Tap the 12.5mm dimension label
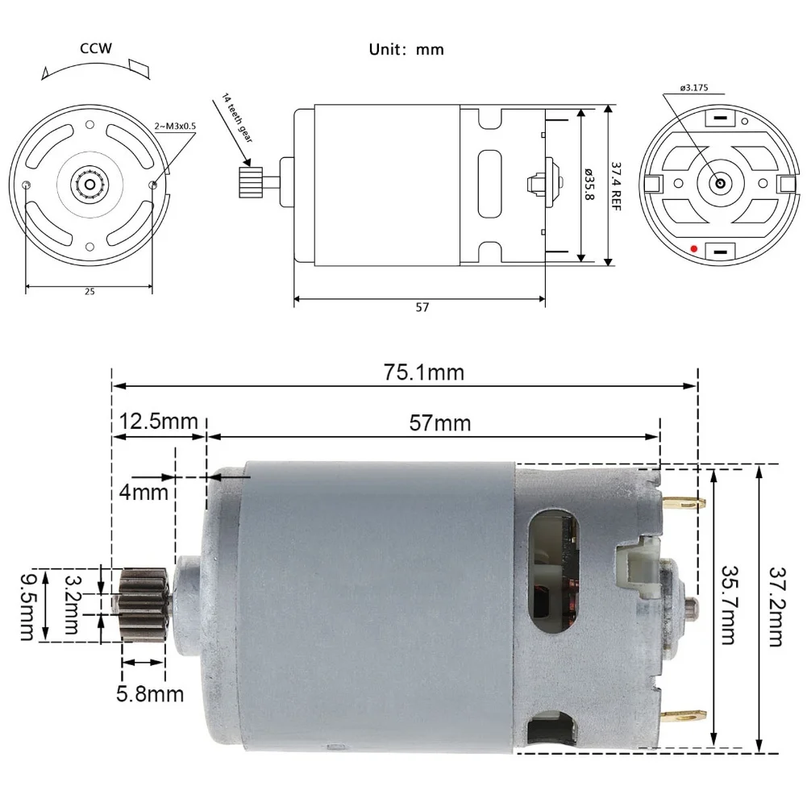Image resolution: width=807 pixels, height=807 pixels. pos(158,421)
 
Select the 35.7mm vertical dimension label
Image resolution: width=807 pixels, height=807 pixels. pos(728,604)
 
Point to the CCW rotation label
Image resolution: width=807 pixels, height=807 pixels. pos(95,48)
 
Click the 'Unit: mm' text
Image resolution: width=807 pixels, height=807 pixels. pos(406,49)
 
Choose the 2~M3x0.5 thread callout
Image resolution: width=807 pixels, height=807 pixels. pos(175,126)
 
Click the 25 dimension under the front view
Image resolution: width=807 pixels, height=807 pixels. pos(89,292)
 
